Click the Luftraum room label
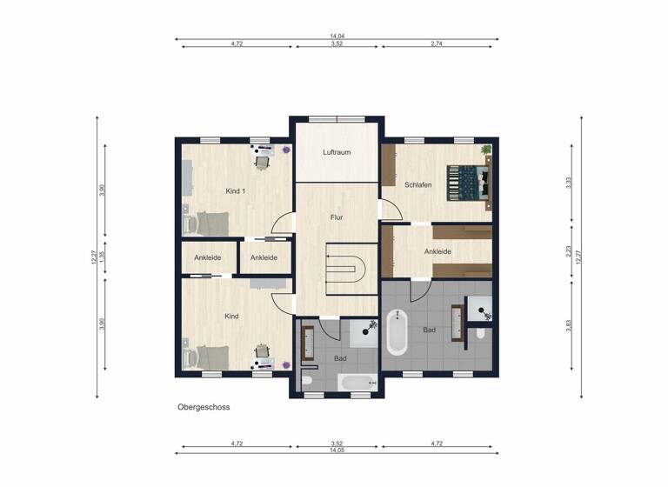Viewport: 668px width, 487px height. (336, 152)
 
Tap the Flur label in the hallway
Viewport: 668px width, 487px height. (336, 217)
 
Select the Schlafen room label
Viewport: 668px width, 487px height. (418, 184)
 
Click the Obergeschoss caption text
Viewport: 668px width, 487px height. (204, 406)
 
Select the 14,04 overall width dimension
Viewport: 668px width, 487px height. (337, 37)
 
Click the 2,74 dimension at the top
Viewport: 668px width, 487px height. (437, 43)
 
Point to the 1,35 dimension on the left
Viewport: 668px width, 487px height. (102, 256)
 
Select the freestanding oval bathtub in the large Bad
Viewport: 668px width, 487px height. (397, 331)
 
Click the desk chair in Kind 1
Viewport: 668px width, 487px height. (262, 160)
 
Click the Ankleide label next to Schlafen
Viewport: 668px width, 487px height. (438, 251)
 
